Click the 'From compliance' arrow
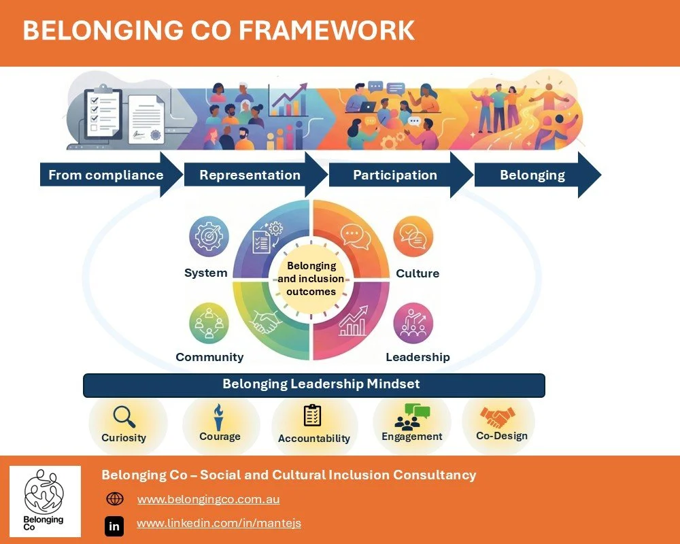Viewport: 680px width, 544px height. [x=106, y=175]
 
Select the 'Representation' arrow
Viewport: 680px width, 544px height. [x=250, y=175]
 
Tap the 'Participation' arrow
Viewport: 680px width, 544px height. [x=395, y=175]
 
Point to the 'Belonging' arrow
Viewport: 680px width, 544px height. [x=532, y=175]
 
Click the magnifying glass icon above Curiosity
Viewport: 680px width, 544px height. [x=124, y=415]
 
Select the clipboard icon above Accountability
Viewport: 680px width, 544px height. [x=313, y=415]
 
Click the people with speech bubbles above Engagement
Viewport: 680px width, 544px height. [x=412, y=416]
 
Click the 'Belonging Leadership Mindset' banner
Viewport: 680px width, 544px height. [x=314, y=384]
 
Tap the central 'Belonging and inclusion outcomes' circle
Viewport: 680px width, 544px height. [x=311, y=279]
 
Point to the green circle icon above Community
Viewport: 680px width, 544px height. [x=209, y=323]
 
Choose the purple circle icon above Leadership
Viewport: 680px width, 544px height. [x=413, y=323]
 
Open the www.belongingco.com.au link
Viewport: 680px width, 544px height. [x=208, y=499]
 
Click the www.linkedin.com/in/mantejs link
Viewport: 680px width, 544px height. [x=219, y=523]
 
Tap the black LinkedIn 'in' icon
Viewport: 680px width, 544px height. [x=114, y=526]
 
